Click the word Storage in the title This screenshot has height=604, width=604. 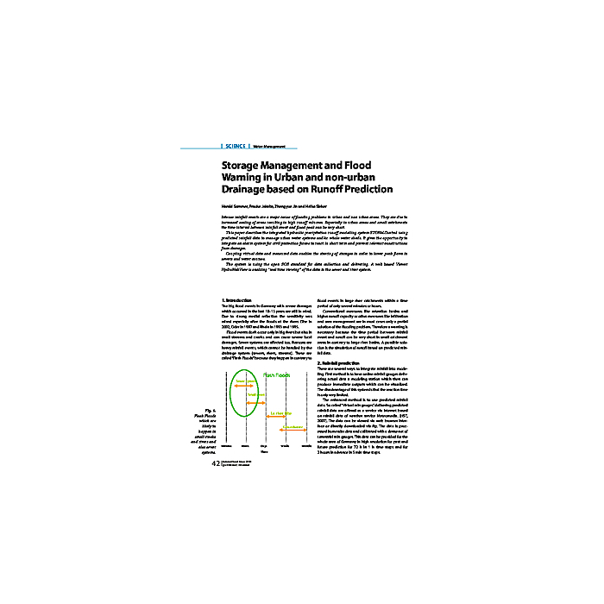(x=244, y=164)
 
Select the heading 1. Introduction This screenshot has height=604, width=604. (x=236, y=299)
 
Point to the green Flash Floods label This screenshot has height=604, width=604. (x=277, y=374)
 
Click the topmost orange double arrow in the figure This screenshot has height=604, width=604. (x=242, y=385)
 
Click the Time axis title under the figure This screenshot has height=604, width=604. (x=264, y=452)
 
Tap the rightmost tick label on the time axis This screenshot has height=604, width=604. (x=306, y=445)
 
